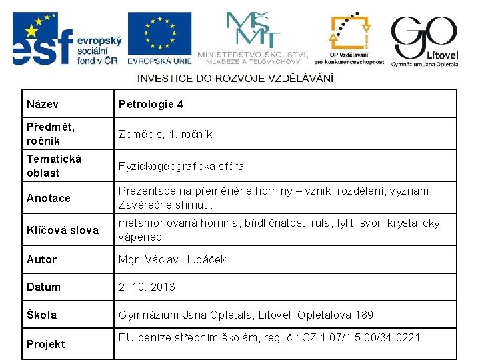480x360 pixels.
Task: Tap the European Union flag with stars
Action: (159, 33)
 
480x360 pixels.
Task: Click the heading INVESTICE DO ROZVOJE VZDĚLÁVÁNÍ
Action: (235, 78)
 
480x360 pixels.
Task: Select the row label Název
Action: (42, 105)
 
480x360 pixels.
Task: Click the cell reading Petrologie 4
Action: (151, 105)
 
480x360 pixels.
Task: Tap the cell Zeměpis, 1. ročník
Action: (165, 134)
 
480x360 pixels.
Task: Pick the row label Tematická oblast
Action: (54, 165)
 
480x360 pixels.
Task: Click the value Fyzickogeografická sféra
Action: (181, 166)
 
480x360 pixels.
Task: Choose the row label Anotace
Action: (48, 198)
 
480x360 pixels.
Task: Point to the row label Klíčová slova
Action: (62, 230)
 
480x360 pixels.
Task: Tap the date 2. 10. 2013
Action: (147, 287)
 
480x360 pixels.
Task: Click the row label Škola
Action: (41, 315)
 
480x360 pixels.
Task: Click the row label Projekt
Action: (46, 344)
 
